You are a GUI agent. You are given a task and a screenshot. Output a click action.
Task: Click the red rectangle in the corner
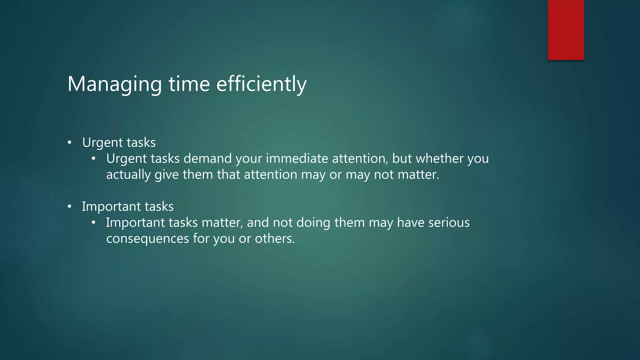566,30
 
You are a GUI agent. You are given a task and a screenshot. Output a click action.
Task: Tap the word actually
128,175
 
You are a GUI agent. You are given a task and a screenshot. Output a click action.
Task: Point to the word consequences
147,239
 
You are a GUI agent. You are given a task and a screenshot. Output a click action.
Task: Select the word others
275,239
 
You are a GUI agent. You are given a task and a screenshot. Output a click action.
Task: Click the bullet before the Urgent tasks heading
69,143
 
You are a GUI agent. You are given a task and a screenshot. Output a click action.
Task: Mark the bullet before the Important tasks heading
69,207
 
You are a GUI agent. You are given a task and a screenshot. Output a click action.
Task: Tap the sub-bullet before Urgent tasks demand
93,159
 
